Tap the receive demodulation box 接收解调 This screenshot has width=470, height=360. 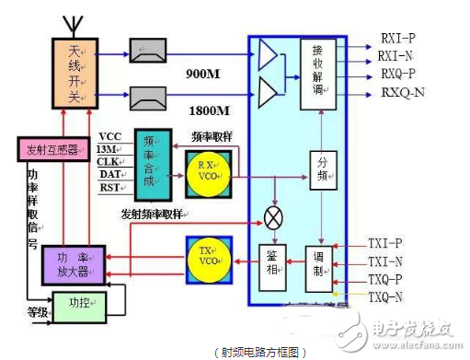pos(318,71)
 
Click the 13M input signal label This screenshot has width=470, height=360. pos(108,149)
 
